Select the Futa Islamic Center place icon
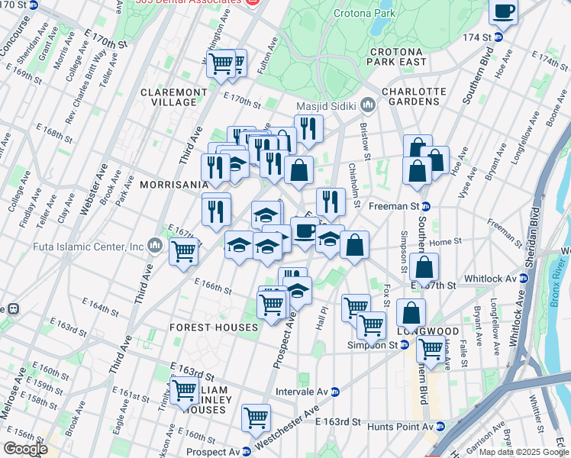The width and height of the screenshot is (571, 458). click(155, 246)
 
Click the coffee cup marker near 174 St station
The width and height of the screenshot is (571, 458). click(503, 12)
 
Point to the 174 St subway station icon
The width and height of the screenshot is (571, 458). click(498, 37)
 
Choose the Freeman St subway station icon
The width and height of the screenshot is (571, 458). click(426, 205)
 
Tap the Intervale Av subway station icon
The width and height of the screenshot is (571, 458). click(335, 392)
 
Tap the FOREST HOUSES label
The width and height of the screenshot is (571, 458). click(214, 327)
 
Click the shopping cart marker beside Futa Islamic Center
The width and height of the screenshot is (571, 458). click(183, 250)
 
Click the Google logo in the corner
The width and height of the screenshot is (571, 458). click(25, 448)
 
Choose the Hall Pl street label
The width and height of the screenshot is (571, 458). click(323, 315)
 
